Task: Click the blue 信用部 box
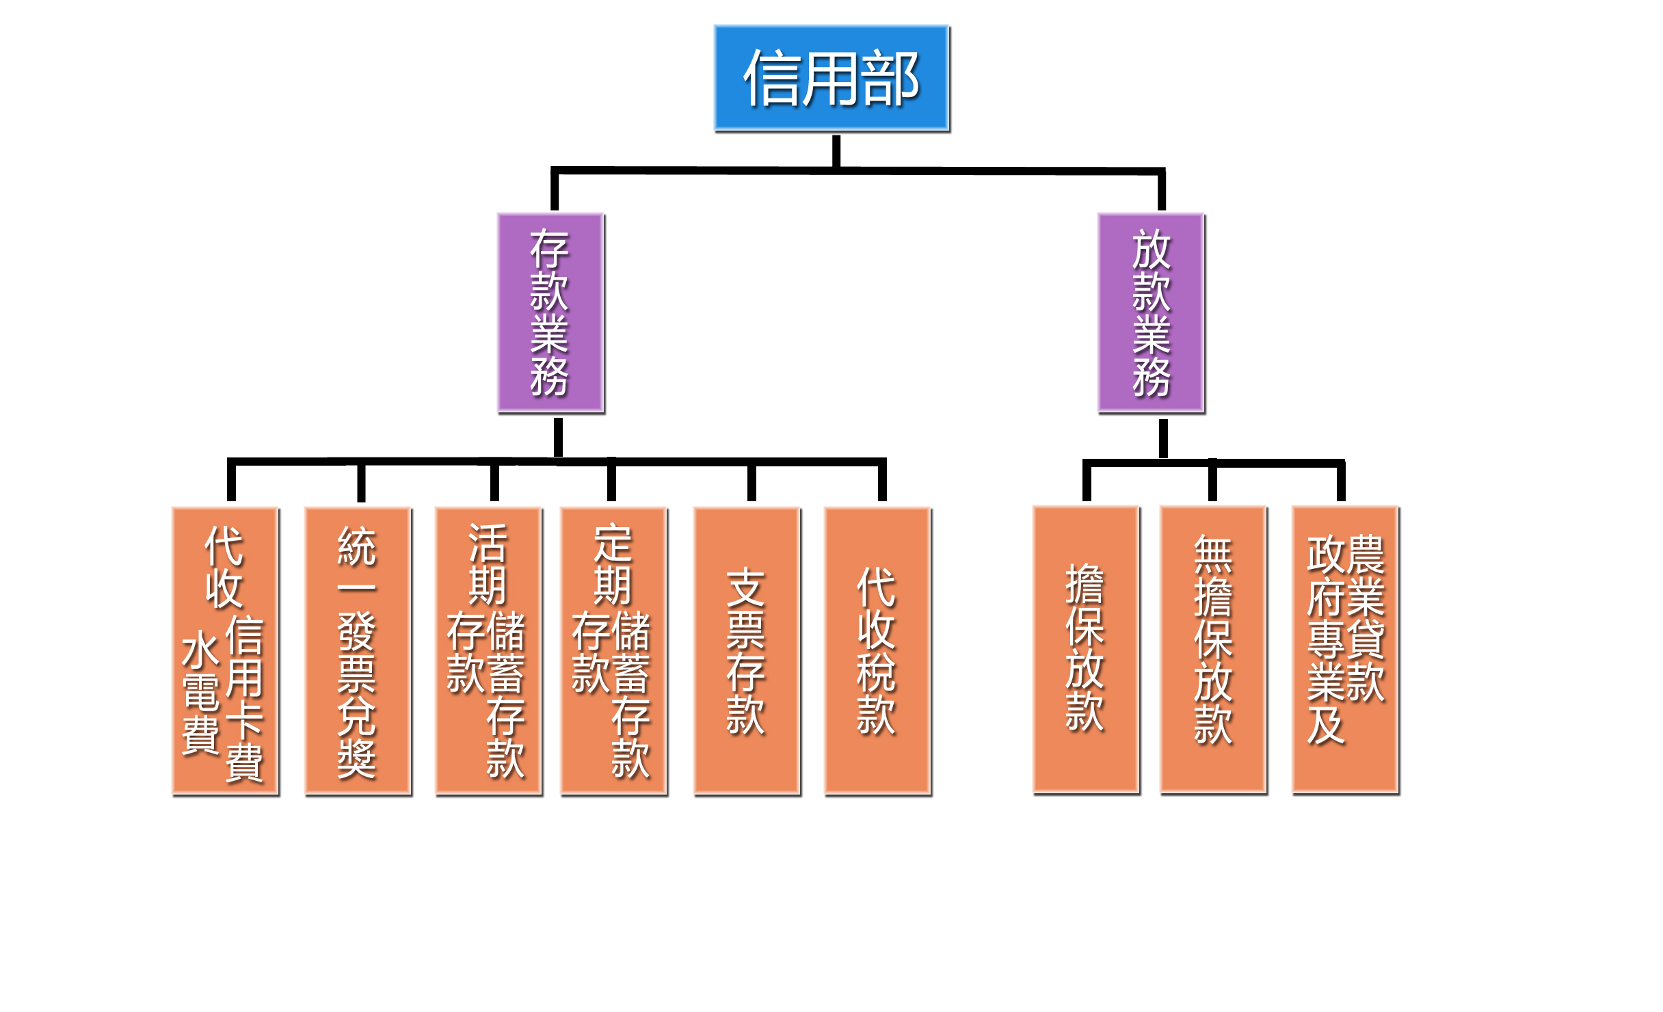point(831,78)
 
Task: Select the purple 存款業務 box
point(550,312)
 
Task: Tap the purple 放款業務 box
point(1151,312)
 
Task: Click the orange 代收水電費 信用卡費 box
point(225,650)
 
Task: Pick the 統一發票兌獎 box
point(358,650)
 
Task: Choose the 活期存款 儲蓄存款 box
point(488,650)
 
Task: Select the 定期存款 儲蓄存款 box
point(613,650)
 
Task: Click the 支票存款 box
point(747,650)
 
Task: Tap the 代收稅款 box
point(877,650)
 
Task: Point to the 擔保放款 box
point(1086,649)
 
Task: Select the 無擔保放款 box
point(1213,649)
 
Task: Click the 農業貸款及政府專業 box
point(1345,649)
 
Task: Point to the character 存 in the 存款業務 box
point(549,250)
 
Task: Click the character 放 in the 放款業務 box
point(1152,250)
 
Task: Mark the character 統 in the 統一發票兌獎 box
point(357,546)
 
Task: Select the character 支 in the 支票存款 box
point(746,587)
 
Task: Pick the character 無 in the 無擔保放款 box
point(1213,555)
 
